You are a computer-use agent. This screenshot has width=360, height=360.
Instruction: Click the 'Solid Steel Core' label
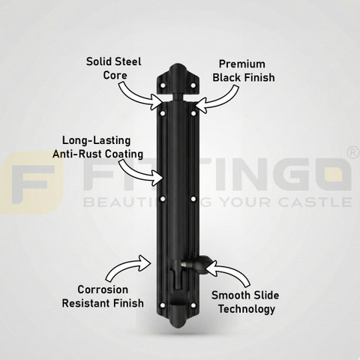[x=114, y=68]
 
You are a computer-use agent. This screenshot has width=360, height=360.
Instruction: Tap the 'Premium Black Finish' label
[x=244, y=70]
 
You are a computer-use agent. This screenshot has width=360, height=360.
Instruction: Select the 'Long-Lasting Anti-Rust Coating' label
[x=97, y=147]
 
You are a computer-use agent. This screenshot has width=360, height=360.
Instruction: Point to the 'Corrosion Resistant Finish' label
[x=103, y=296]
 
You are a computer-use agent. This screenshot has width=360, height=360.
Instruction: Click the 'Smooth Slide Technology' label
[x=245, y=302]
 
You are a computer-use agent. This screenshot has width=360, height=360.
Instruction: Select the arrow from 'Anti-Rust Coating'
[x=140, y=173]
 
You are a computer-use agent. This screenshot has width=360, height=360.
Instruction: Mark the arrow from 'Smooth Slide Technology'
[x=229, y=271]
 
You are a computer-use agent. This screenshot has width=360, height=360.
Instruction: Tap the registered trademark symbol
[x=353, y=153]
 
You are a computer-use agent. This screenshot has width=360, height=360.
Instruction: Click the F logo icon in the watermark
[x=31, y=183]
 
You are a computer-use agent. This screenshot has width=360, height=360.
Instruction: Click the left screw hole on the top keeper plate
[x=163, y=85]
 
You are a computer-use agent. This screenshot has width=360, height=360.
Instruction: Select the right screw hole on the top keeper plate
[x=193, y=85]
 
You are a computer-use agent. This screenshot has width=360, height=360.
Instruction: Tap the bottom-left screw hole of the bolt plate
[x=163, y=305]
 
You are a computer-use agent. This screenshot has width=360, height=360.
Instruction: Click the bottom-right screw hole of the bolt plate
[x=193, y=305]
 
